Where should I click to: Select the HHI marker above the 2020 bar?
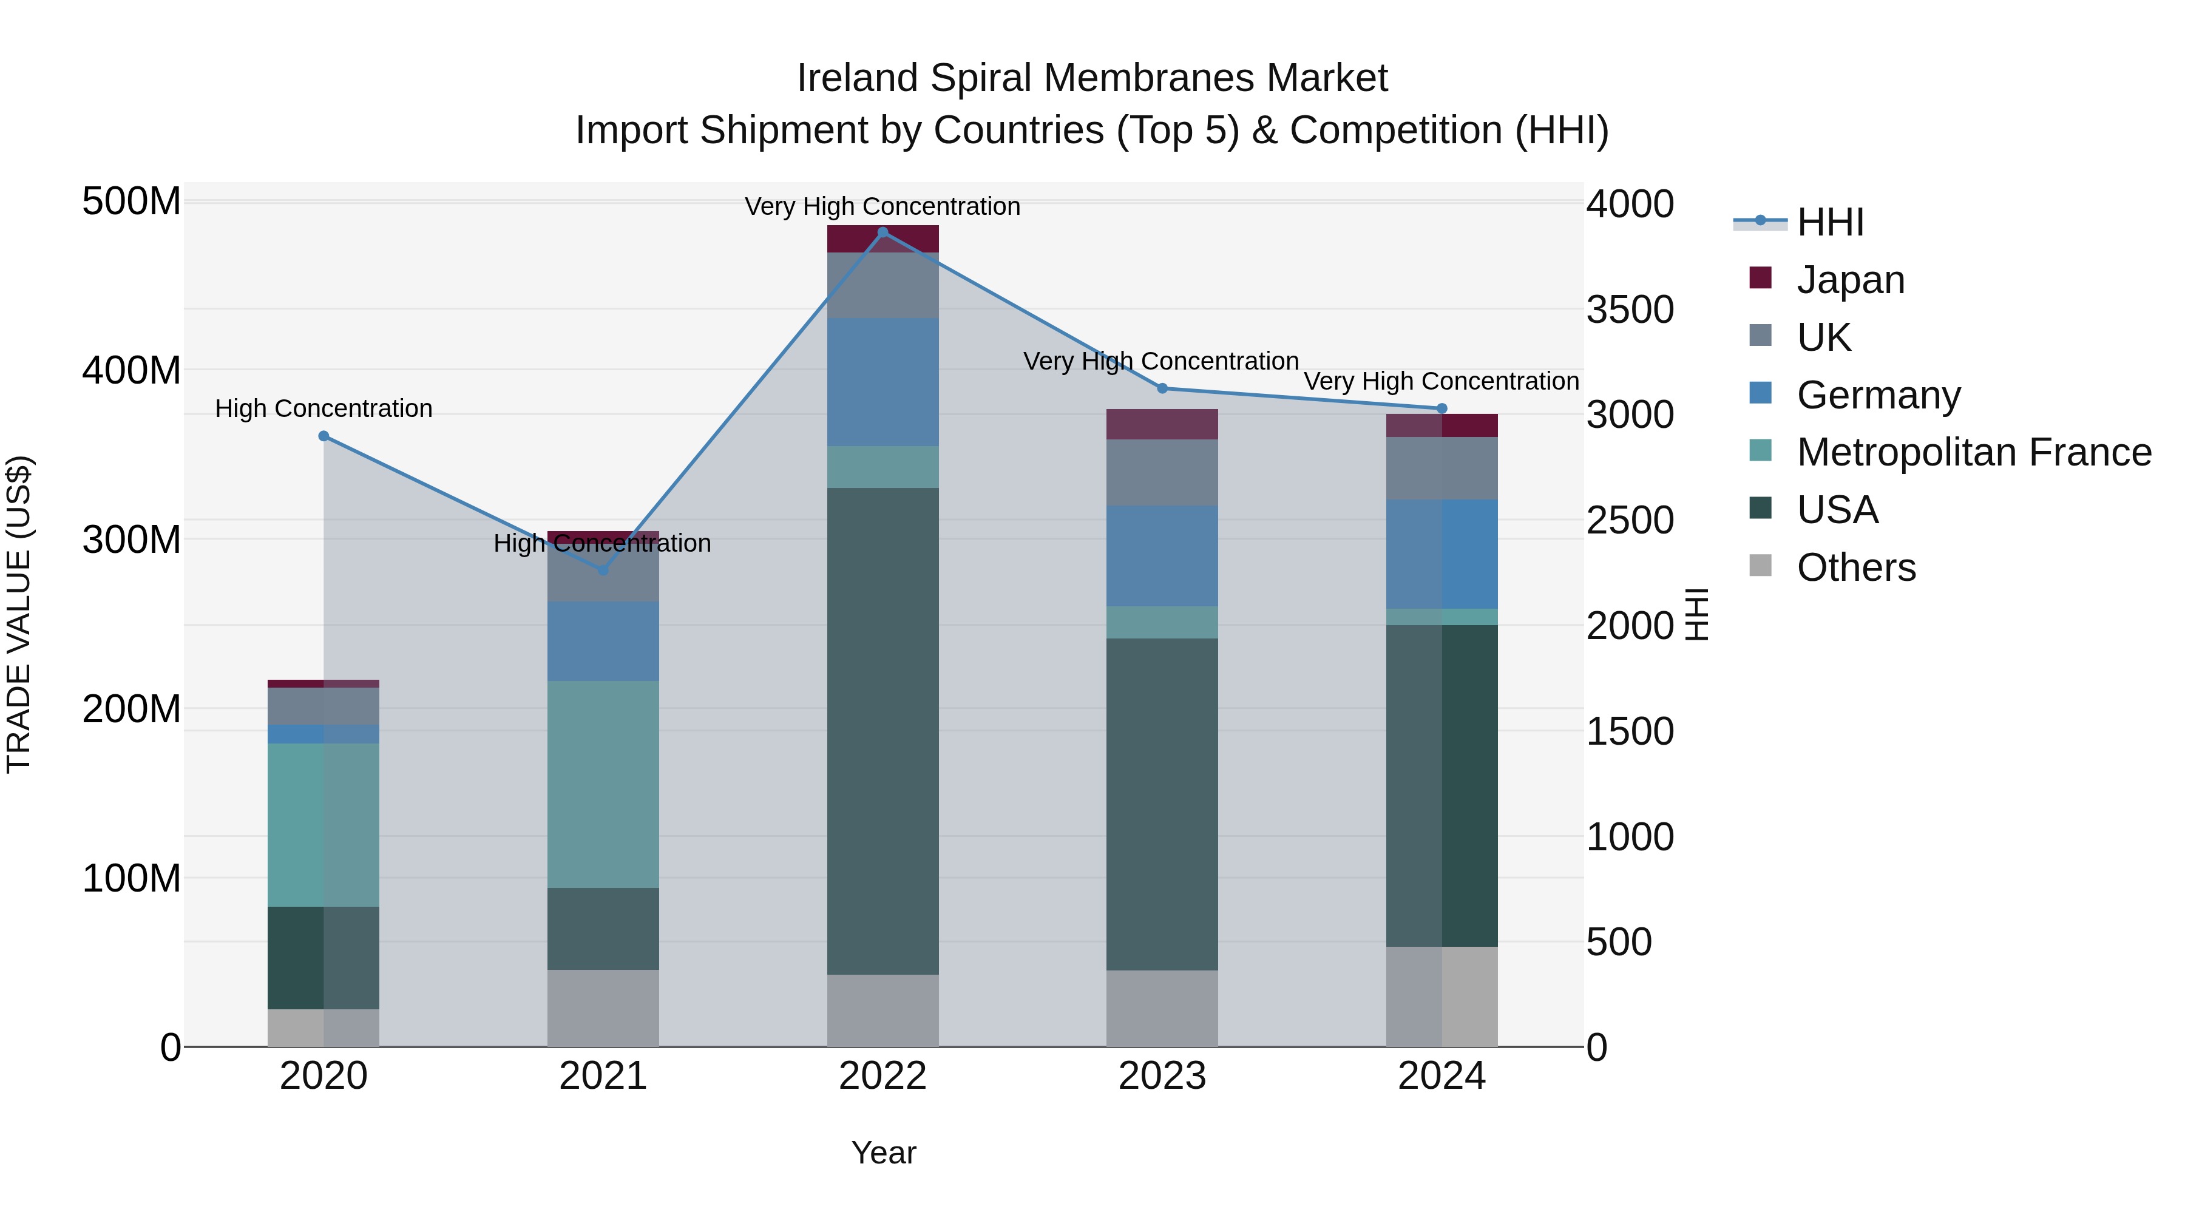[323, 436]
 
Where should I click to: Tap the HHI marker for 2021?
[603, 570]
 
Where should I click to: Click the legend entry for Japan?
[1850, 279]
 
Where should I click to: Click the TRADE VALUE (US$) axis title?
[19, 614]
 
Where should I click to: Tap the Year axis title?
[883, 1153]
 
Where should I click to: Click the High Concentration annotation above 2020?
[323, 409]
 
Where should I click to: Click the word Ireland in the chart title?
[856, 78]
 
